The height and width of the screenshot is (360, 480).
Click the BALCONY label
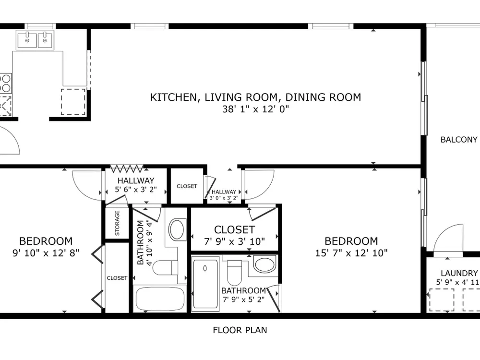click(x=459, y=140)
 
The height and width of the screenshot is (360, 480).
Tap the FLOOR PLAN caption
click(x=240, y=330)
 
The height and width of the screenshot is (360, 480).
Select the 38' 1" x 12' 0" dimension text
click(x=256, y=109)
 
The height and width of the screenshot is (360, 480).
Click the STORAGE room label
click(x=117, y=223)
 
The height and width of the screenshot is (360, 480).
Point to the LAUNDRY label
click(x=459, y=273)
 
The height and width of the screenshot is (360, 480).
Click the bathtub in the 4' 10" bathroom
click(x=160, y=299)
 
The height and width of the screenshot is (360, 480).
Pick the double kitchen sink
click(x=35, y=40)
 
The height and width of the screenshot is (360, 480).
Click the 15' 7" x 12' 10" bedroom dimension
click(x=351, y=253)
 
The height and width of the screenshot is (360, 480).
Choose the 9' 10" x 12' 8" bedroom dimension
click(x=46, y=253)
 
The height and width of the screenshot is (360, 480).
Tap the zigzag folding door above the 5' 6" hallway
click(x=127, y=168)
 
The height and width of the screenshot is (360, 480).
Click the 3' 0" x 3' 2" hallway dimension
click(x=224, y=198)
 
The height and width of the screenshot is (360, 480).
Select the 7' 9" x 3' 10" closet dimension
click(x=235, y=241)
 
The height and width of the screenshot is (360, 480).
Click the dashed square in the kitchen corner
click(x=73, y=102)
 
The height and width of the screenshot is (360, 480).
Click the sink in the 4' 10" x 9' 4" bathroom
click(x=177, y=229)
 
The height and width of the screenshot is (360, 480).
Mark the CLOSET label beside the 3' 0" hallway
click(x=187, y=186)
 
